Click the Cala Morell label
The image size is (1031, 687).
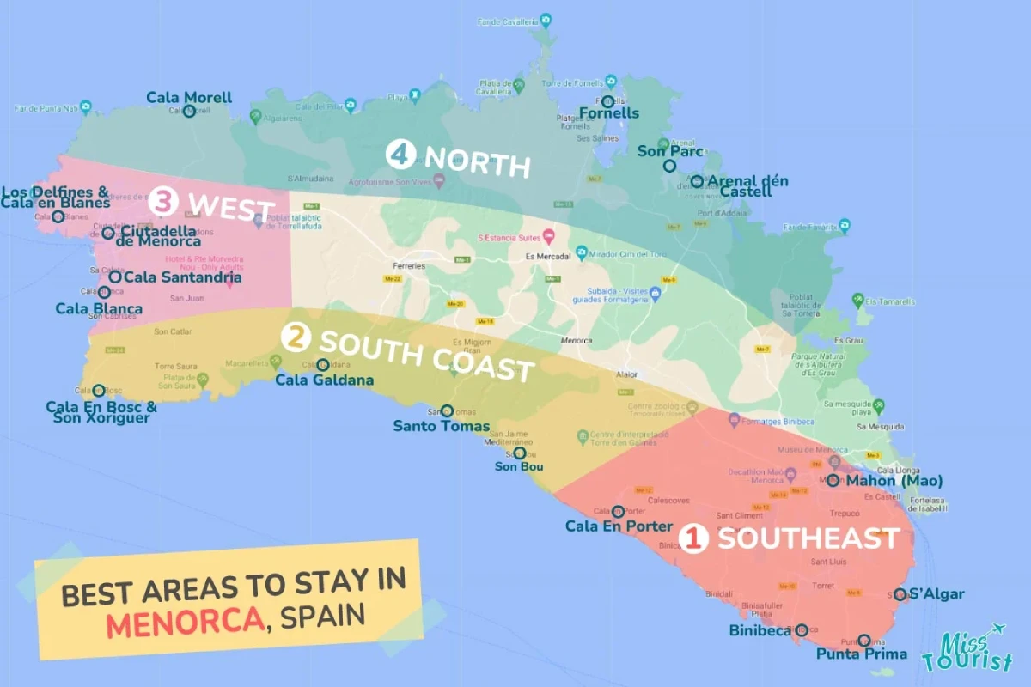(x=189, y=97)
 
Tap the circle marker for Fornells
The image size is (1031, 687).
(x=607, y=102)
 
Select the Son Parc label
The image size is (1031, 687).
(x=669, y=151)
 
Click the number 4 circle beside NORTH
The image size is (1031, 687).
(x=400, y=154)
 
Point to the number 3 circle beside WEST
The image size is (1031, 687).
(x=163, y=204)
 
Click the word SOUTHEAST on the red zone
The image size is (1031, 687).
(x=808, y=538)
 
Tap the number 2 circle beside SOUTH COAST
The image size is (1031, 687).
(x=297, y=338)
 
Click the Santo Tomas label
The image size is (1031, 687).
(x=442, y=426)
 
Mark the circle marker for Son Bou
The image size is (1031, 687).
(x=519, y=453)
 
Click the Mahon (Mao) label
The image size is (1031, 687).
(x=894, y=480)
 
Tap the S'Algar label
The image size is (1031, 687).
(x=936, y=593)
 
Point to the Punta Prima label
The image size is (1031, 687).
(x=862, y=654)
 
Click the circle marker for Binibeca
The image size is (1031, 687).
(x=802, y=629)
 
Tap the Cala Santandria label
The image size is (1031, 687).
(x=182, y=277)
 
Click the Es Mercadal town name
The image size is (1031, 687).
(x=546, y=256)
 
